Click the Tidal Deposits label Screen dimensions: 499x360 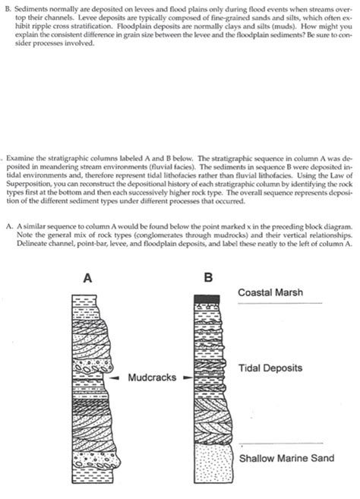tap(270, 368)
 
